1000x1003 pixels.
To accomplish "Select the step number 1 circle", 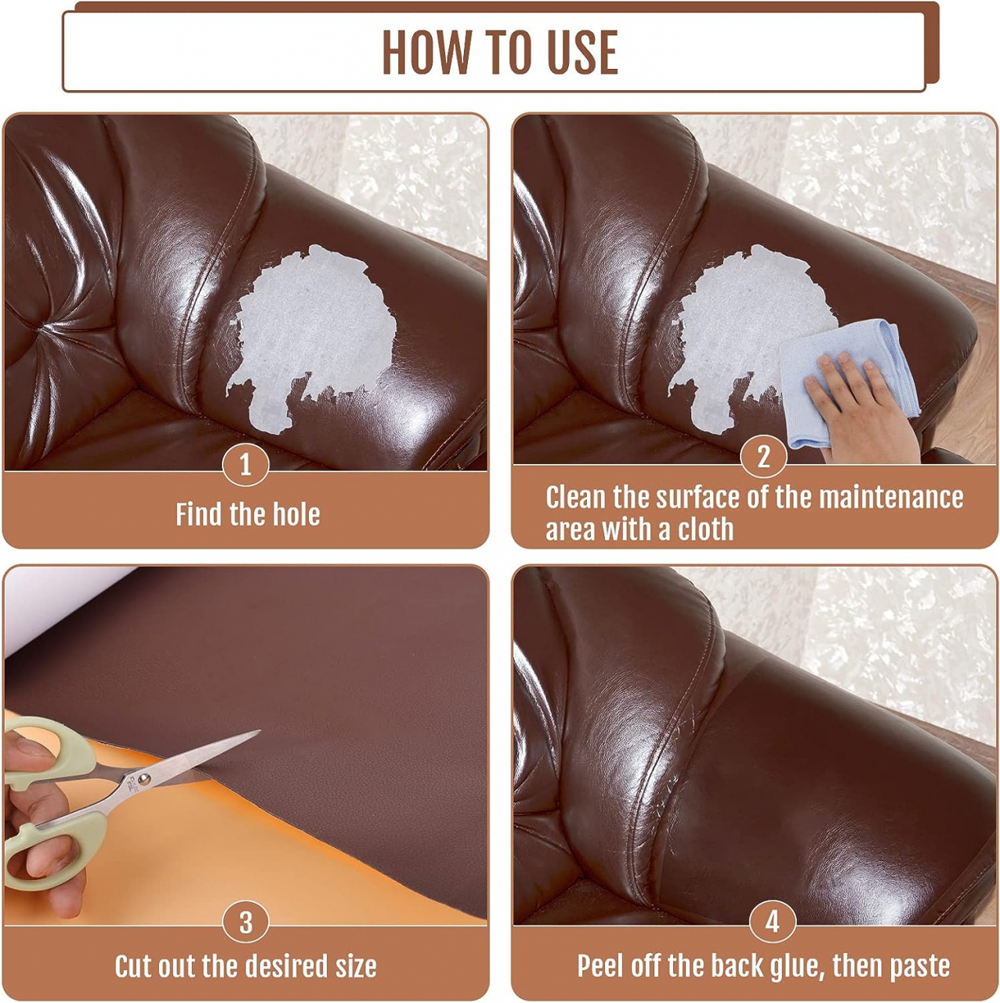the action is (246, 463).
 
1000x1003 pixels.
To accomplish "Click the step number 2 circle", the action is (763, 456).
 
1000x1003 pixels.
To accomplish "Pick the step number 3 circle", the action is (246, 922).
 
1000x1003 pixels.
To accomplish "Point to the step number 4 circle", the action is (773, 922).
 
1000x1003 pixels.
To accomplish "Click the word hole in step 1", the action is (297, 514).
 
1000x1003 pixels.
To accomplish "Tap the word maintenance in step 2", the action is (891, 497).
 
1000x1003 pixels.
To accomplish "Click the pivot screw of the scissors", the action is (144, 779).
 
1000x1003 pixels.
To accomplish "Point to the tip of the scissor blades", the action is (259, 731).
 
